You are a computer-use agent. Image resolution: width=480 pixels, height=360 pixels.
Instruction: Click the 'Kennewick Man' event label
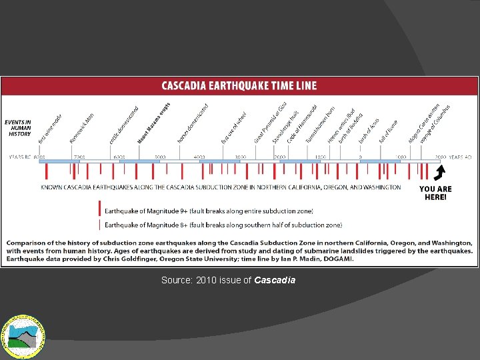coord(82,128)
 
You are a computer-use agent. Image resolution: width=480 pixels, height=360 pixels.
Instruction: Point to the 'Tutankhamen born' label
coord(320,124)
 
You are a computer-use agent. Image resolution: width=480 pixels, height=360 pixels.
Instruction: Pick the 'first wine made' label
coord(51,128)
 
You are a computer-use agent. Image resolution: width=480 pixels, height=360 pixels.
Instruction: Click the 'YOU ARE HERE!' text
coord(435,193)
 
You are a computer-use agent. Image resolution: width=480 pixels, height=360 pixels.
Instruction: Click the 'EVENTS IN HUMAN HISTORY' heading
coord(19,128)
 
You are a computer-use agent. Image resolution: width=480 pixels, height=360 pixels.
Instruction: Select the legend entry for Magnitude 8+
coord(223,225)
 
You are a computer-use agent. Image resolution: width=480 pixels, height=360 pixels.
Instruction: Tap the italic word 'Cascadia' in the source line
coord(275,281)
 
